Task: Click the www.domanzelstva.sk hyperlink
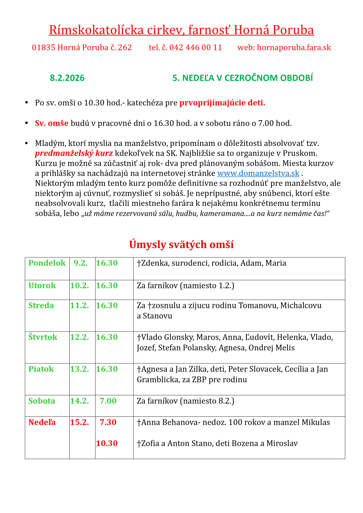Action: pos(258,173)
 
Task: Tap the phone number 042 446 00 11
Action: pos(195,48)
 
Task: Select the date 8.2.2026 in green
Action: pos(67,78)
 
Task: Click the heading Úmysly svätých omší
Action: pos(181,244)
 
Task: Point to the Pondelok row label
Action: pos(47,263)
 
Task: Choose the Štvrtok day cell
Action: pos(43,337)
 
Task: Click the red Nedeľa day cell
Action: pos(42,423)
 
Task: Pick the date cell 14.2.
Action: pos(79,401)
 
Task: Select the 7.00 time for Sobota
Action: pos(108,401)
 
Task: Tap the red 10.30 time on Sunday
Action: pos(107,444)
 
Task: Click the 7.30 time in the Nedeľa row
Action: pos(108,423)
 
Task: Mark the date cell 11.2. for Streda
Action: pos(79,306)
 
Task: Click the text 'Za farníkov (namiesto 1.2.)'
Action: pos(185,286)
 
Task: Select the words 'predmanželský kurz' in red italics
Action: pos(74,153)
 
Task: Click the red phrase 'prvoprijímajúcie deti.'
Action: pos(222,103)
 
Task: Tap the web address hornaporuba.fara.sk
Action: pos(294,48)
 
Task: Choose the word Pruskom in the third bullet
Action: pos(302,153)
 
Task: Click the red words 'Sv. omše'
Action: pos(52,123)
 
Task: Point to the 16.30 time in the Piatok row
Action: pos(107,369)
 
